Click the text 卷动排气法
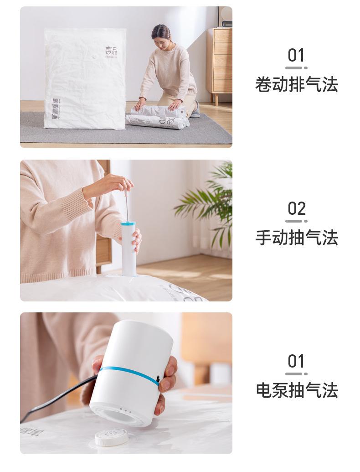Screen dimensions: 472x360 (x=296, y=85)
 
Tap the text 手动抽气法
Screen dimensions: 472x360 (x=296, y=238)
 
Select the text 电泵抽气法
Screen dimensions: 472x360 (x=296, y=390)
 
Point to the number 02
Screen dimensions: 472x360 (x=296, y=209)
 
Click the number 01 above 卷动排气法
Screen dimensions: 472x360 (x=296, y=56)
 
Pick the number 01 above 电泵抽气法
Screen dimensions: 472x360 (x=296, y=362)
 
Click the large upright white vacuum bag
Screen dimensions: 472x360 (x=85, y=78)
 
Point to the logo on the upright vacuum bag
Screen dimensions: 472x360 (x=111, y=51)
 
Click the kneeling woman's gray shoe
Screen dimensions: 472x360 (x=195, y=110)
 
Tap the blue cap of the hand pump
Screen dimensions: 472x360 (x=128, y=224)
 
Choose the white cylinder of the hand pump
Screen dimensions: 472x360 (x=129, y=251)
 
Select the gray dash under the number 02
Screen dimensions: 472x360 (x=296, y=221)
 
